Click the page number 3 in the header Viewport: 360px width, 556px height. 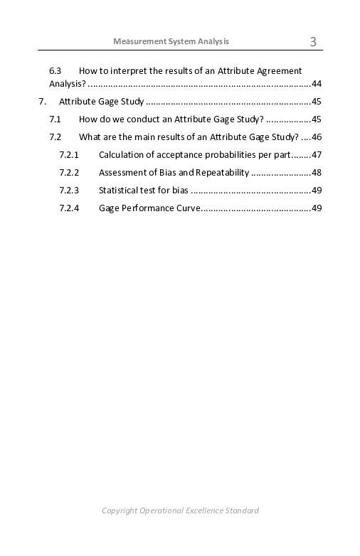(x=313, y=42)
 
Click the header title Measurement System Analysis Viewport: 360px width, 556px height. (x=171, y=41)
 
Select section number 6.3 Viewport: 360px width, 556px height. (x=55, y=71)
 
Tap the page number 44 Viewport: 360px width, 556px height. (x=317, y=84)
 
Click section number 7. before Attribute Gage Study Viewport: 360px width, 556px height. (x=43, y=102)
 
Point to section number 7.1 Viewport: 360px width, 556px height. (x=55, y=119)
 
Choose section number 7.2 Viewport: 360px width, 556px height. (x=55, y=137)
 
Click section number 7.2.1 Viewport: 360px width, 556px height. (x=69, y=155)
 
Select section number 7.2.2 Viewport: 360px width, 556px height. (x=69, y=173)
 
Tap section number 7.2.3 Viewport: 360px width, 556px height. (x=69, y=191)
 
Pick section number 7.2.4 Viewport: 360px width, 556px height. (x=69, y=208)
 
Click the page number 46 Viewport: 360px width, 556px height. (x=317, y=137)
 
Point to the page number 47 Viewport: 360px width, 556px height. (x=317, y=155)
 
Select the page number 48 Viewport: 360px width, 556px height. (x=317, y=173)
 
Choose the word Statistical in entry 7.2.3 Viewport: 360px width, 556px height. (x=117, y=191)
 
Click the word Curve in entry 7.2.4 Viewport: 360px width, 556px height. (x=189, y=208)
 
